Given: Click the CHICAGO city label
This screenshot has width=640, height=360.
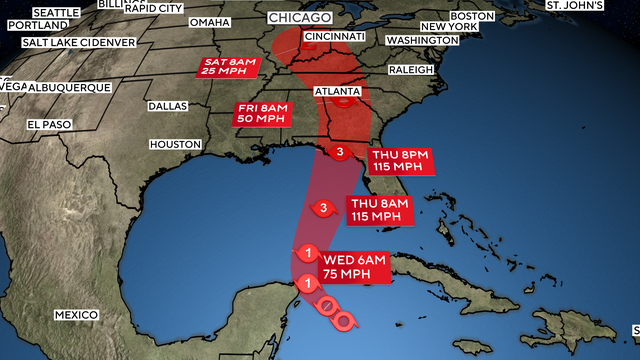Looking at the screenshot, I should tap(300, 19).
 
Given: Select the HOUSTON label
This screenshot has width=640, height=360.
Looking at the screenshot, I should tap(176, 145).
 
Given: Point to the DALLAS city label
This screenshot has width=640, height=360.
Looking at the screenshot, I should tap(169, 105).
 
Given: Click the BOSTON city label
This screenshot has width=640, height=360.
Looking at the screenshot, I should tap(473, 16).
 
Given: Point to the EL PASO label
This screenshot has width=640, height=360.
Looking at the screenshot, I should tap(49, 125).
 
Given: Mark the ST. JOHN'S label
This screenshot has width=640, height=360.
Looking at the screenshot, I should tap(574, 5).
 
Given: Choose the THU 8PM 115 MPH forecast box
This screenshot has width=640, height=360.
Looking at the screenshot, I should tap(403, 162).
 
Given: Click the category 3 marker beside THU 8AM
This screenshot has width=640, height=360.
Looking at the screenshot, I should tap(324, 208).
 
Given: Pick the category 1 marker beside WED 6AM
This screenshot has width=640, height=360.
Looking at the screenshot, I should tap(309, 253).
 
